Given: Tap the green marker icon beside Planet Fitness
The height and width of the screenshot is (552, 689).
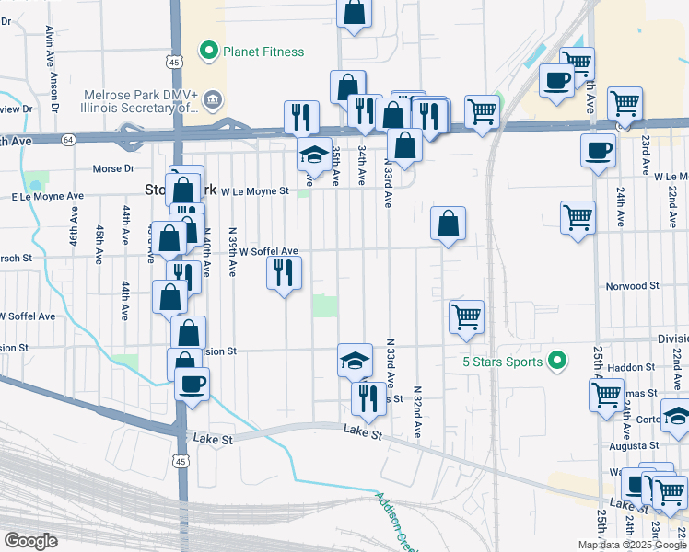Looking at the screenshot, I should (209, 52).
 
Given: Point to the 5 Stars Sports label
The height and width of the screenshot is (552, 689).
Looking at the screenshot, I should (503, 362).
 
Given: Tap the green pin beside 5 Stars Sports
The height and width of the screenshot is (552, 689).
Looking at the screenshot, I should (556, 361).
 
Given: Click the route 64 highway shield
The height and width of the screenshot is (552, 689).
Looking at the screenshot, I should (68, 140).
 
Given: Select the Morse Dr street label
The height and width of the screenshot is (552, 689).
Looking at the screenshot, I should (114, 168).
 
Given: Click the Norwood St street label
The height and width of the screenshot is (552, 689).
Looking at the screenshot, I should (632, 286).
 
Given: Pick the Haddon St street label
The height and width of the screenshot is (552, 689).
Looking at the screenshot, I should (630, 367).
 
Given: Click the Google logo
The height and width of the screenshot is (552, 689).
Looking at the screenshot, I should (31, 541).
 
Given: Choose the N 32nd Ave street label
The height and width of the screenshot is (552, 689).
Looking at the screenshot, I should (417, 410).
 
